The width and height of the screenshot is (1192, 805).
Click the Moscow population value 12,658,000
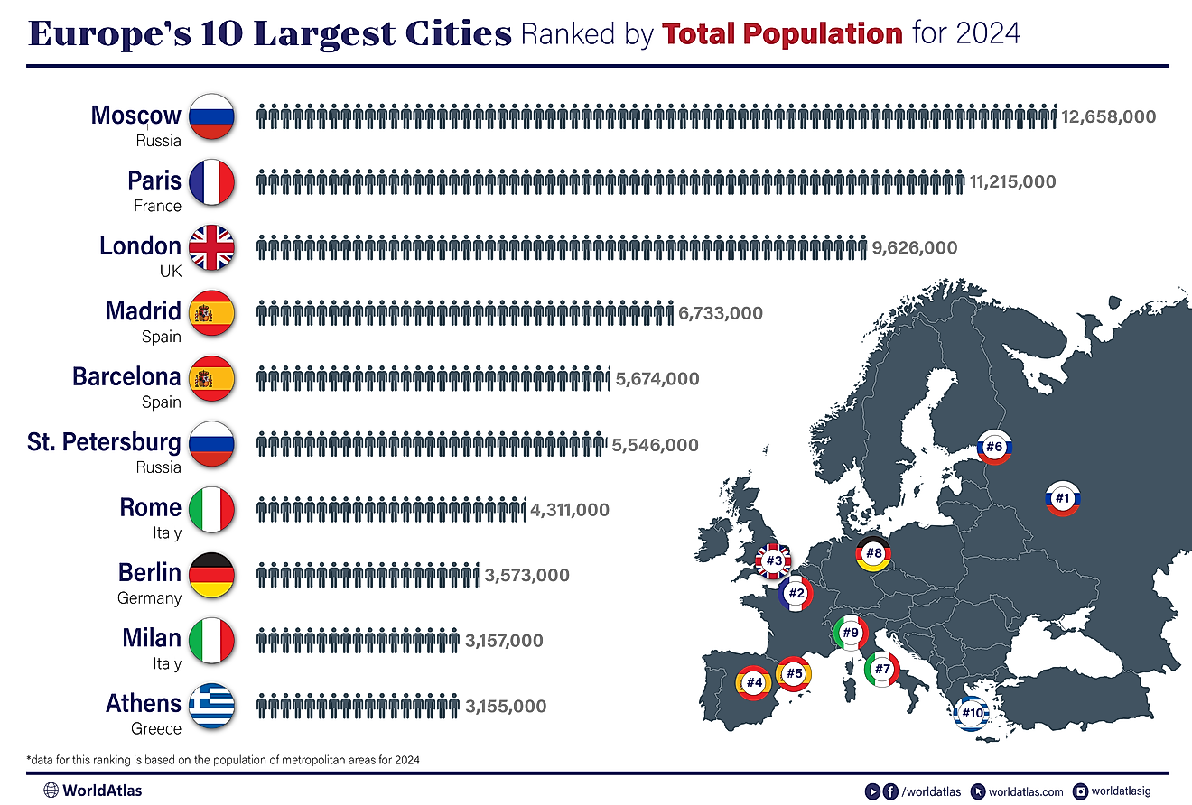click(x=1108, y=116)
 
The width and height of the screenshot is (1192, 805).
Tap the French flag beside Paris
click(x=212, y=181)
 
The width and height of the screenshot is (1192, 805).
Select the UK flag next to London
click(x=212, y=247)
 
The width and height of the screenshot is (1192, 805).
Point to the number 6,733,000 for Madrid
click(x=721, y=313)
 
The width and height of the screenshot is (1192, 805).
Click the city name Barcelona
click(x=126, y=376)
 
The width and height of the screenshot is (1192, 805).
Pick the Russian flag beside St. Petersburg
click(x=212, y=443)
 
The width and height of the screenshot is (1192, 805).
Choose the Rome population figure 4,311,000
click(x=570, y=510)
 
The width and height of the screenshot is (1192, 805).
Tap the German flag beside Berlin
click(x=212, y=574)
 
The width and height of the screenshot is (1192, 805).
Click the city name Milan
click(x=152, y=638)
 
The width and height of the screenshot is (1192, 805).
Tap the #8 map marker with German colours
click(x=873, y=553)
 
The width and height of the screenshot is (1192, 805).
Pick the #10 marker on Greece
click(x=972, y=714)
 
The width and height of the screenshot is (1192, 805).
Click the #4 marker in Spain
click(x=754, y=682)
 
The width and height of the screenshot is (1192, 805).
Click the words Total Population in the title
click(x=782, y=34)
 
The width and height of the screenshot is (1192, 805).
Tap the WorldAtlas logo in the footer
click(x=92, y=791)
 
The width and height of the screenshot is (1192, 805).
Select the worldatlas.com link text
click(x=1027, y=791)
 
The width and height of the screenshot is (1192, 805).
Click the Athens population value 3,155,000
click(x=506, y=706)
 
